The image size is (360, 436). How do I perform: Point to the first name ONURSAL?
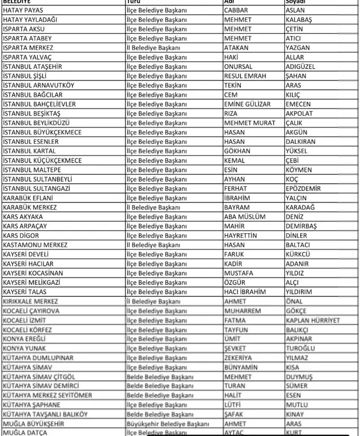pos(238,66)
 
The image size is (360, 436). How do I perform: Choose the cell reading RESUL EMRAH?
pos(245,76)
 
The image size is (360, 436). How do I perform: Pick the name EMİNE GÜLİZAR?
pos(247,104)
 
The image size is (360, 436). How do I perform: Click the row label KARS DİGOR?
pos(22,235)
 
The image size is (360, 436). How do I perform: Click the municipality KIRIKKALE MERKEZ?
pos(34,301)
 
